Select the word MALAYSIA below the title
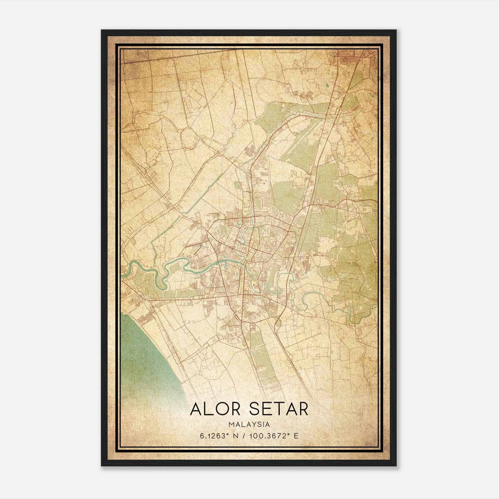pos(249,424)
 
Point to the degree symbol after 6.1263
pos(224,434)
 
